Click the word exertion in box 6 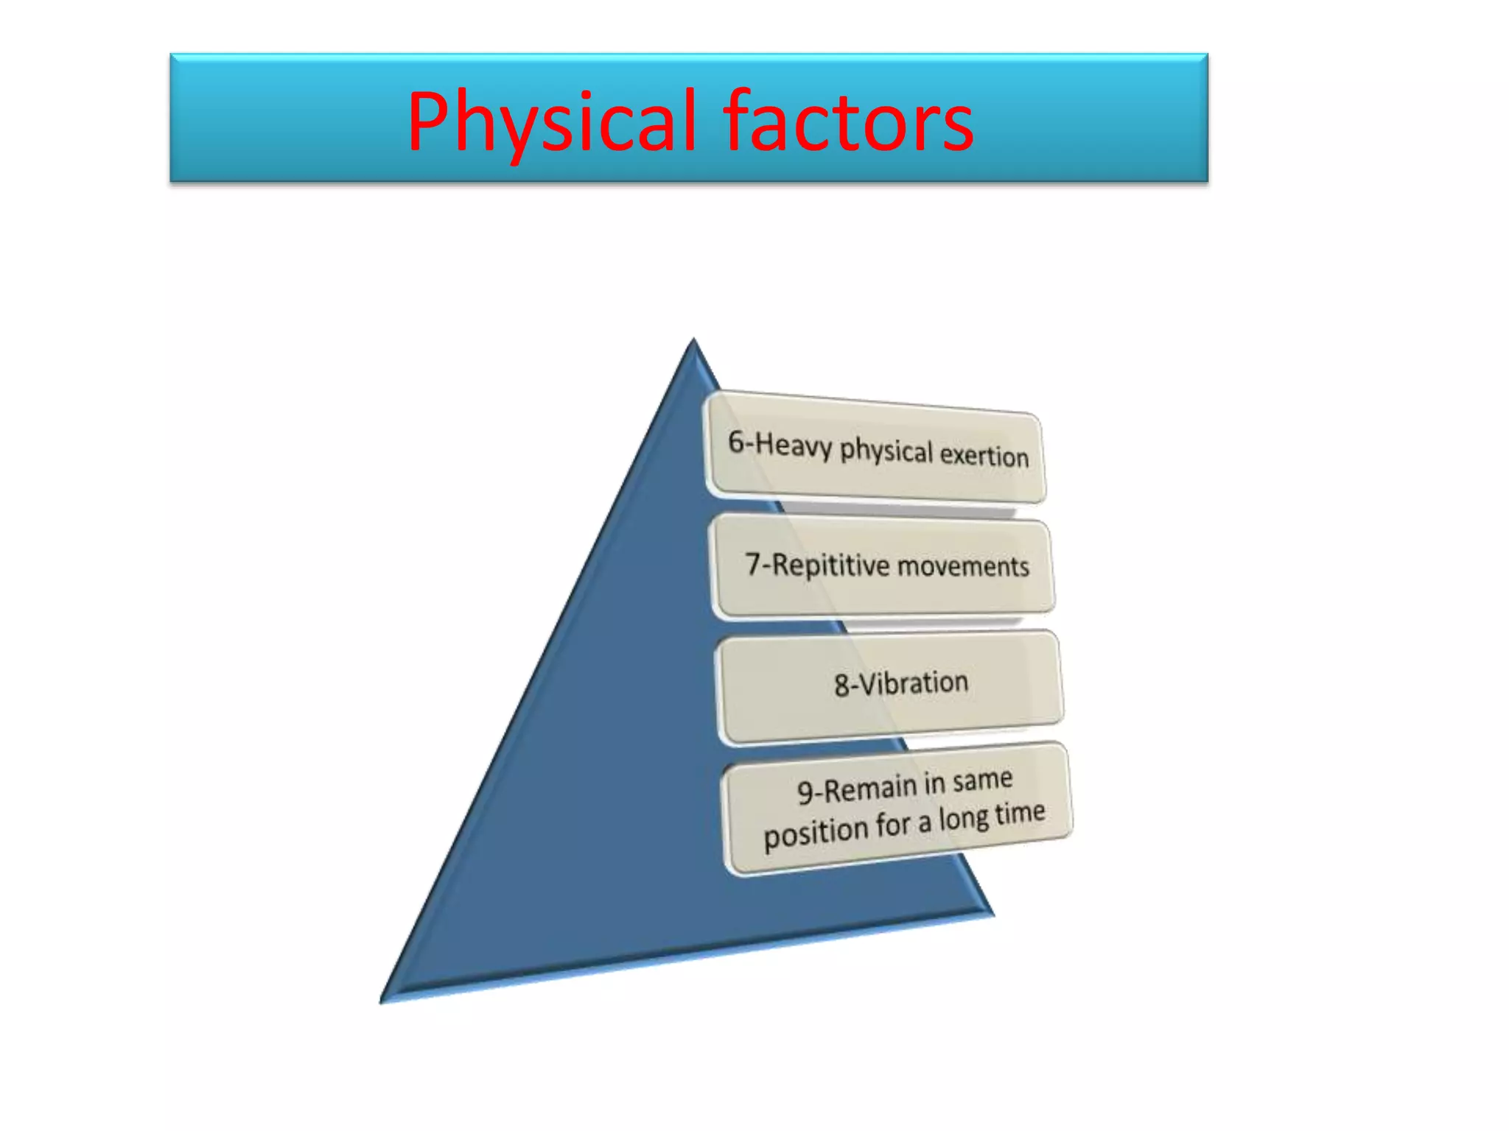click(984, 455)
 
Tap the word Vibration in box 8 click(913, 683)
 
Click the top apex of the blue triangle click(693, 339)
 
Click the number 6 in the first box click(735, 441)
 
